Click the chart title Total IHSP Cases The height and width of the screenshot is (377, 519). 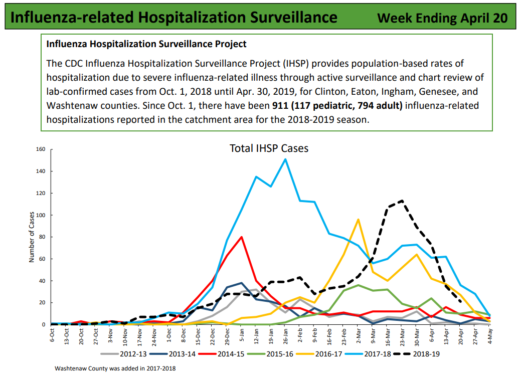(269, 148)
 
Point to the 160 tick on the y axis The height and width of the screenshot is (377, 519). (41, 149)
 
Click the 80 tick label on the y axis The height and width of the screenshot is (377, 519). (42, 237)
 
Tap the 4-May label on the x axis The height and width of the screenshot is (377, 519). (489, 334)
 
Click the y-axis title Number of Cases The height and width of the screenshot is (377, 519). (31, 237)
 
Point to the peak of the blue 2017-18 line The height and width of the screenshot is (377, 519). (285, 159)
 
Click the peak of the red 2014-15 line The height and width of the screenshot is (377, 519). (242, 237)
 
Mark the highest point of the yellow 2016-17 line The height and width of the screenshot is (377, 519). (359, 219)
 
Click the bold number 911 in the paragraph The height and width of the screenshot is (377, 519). (280, 106)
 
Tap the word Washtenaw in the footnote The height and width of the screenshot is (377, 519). (70, 368)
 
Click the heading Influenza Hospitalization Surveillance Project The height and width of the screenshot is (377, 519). (146, 44)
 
